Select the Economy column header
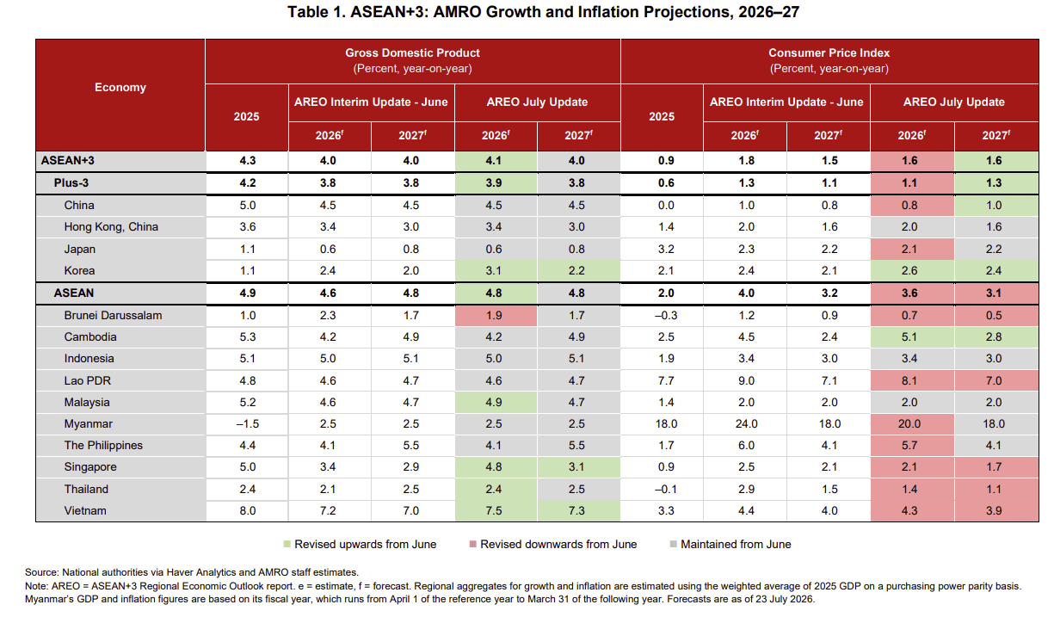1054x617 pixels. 120,87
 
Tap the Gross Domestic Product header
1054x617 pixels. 412,52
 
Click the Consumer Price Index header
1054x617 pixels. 829,52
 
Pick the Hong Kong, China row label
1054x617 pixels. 111,227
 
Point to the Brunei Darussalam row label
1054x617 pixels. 113,315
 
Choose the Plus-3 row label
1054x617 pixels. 71,182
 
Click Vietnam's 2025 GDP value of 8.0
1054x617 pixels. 248,510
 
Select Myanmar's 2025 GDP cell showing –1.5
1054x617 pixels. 248,423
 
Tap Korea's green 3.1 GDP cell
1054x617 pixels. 494,270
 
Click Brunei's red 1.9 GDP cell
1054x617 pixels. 494,315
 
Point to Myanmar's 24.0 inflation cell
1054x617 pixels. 746,423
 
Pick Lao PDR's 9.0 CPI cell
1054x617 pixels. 746,380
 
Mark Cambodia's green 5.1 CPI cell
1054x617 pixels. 909,337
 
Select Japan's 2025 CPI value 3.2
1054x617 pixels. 666,249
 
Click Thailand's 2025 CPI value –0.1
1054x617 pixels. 666,489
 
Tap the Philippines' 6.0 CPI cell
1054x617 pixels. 746,445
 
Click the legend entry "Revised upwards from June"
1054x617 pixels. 360,544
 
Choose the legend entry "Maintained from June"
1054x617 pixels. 730,544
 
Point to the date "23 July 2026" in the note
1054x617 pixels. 785,599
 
